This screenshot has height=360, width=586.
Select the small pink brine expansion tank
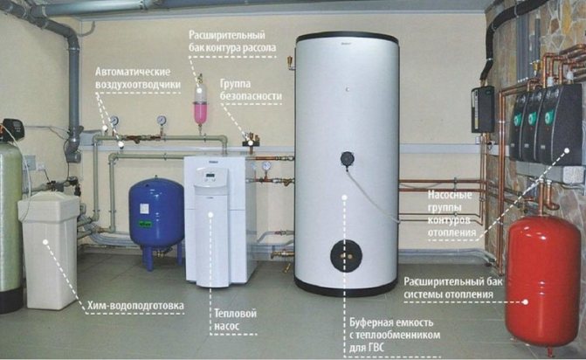click(200, 110)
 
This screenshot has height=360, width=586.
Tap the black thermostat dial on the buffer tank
click(348, 159)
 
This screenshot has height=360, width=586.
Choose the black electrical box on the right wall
click(482, 108)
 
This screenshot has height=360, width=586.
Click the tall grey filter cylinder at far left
click(10, 223)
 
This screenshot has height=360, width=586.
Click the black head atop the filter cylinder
click(11, 128)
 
